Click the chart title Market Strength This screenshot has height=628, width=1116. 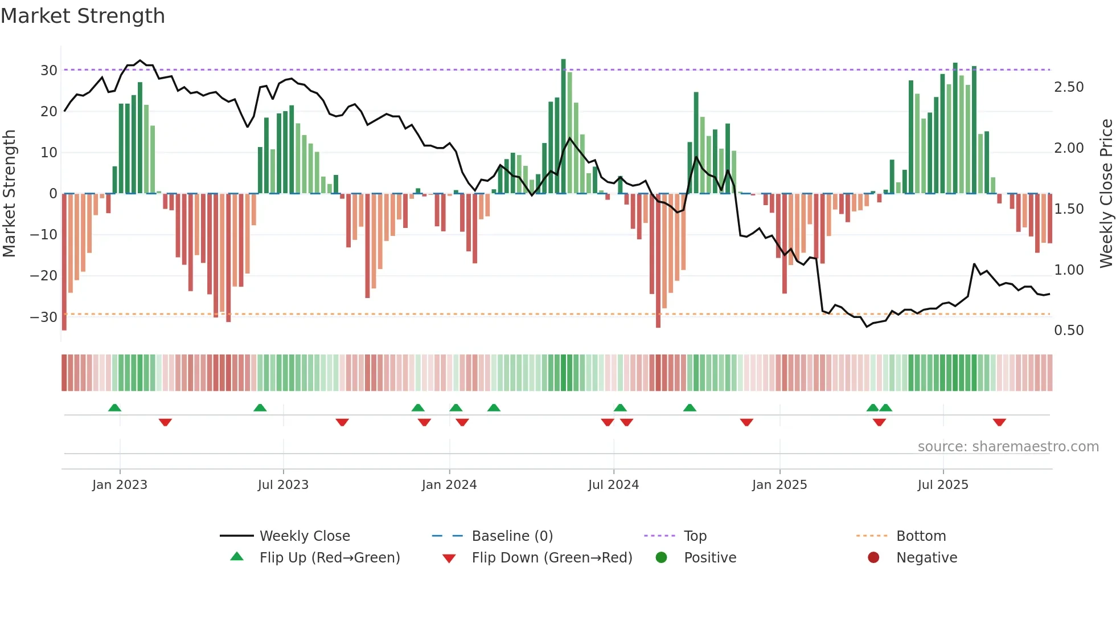83,16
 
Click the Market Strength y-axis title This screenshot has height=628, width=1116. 10,194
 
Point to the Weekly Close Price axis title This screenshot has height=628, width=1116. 1106,194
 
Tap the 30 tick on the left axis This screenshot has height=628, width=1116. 49,71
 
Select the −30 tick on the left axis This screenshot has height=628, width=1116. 44,317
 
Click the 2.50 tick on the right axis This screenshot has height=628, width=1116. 1069,87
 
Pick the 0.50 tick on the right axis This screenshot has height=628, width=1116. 1069,331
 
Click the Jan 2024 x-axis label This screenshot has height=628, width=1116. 449,485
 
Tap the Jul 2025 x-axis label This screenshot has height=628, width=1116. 943,485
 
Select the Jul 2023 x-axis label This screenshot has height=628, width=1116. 283,485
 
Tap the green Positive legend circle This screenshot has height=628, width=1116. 661,558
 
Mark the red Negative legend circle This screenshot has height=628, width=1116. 873,558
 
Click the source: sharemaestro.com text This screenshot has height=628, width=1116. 1008,447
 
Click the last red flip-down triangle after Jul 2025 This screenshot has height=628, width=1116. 999,422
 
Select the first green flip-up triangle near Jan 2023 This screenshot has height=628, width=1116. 114,407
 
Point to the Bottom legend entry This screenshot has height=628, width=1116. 921,536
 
